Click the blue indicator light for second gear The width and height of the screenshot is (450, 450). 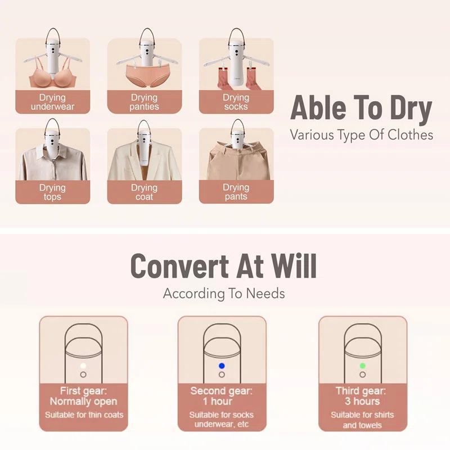coord(222,366)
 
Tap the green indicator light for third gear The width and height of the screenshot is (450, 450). coord(362,366)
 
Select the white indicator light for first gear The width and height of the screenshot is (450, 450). coord(83,366)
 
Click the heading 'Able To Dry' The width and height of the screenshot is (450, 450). coord(361,108)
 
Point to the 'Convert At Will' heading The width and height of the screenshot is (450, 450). coord(223,265)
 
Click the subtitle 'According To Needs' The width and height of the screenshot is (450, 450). coord(224,294)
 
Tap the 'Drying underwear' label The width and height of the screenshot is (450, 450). coord(52,102)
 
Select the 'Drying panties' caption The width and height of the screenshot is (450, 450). coord(144,102)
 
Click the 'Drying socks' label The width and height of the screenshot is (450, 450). coord(236,102)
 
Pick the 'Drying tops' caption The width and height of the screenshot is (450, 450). coord(52,192)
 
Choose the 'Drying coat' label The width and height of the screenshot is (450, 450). coord(144,192)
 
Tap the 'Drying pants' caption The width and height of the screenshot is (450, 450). coord(236,192)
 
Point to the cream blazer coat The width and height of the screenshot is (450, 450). coord(145,159)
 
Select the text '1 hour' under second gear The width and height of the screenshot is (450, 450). coord(217,401)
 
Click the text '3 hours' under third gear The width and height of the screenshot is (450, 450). coord(362,401)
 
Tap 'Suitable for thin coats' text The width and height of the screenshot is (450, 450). coord(84,415)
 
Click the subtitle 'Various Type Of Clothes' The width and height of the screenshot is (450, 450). coord(361,134)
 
